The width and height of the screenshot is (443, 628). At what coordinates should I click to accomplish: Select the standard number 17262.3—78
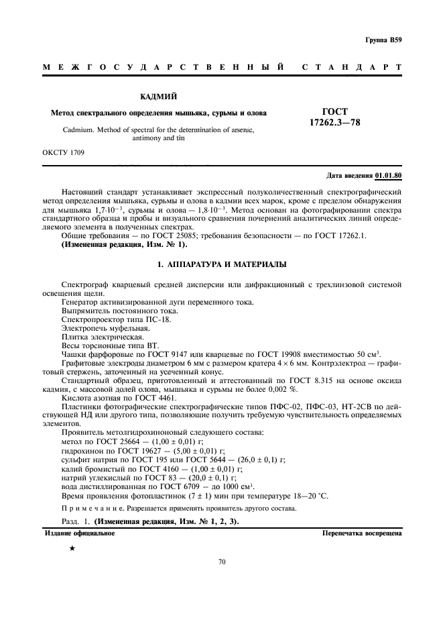click(335, 123)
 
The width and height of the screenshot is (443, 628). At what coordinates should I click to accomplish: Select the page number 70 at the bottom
click(222, 562)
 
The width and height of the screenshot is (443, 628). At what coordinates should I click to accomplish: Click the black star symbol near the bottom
click(72, 549)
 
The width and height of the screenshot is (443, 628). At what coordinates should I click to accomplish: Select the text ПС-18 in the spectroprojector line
click(159, 320)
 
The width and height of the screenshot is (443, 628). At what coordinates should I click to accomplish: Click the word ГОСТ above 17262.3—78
click(335, 112)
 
